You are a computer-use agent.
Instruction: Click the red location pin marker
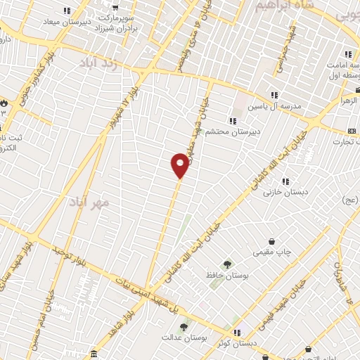(180, 165)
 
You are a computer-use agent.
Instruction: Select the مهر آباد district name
(90, 202)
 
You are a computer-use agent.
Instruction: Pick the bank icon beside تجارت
(352, 131)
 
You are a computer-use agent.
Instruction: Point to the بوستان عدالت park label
(186, 338)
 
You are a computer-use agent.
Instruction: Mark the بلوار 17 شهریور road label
(124, 105)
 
